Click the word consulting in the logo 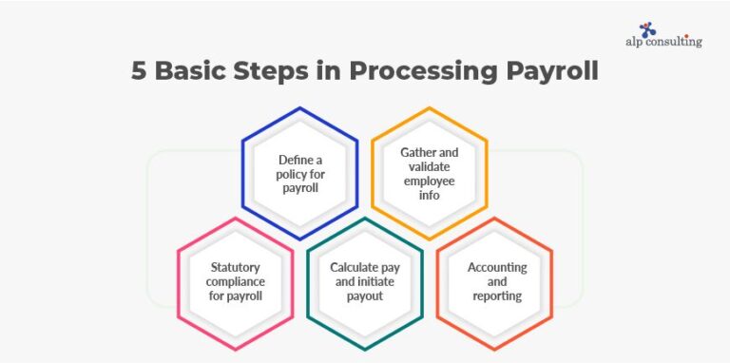point(677,42)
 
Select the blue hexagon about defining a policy point(299,173)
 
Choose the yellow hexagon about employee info point(429,173)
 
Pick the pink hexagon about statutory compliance point(235,281)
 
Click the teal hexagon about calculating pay point(364,281)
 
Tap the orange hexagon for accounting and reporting point(494,281)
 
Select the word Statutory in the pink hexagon point(234,268)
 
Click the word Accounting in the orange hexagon point(497,268)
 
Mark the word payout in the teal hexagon point(364,296)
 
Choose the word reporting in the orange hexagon point(496,296)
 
